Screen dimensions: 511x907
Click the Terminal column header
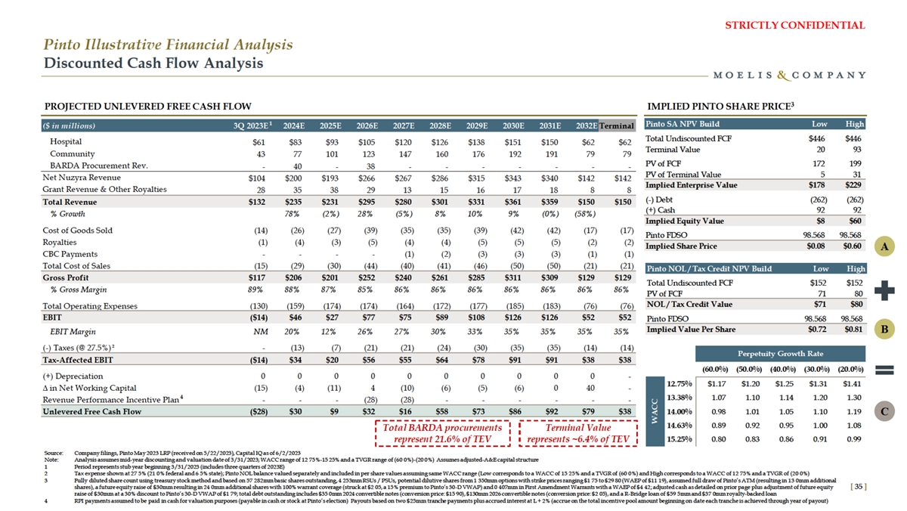click(617, 125)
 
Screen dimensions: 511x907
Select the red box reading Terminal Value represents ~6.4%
click(578, 433)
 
